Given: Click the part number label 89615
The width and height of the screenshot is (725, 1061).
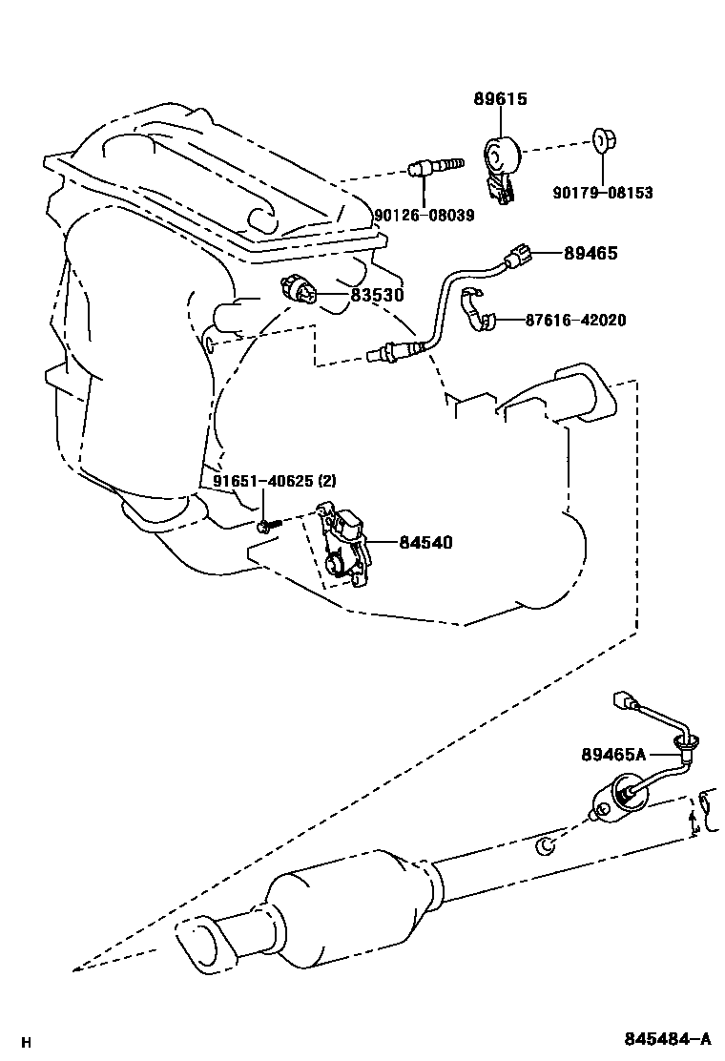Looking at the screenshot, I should (x=500, y=99).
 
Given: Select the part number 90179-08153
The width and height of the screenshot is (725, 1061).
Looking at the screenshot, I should (x=602, y=192).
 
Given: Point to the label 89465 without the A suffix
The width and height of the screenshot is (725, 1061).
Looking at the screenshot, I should (x=590, y=253).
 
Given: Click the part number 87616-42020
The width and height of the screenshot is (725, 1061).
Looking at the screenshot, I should (x=575, y=320).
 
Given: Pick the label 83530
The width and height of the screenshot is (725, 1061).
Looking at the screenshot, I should (x=378, y=296).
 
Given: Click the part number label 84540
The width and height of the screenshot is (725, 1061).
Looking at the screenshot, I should (x=425, y=543).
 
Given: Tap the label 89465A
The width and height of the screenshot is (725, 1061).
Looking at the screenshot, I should (x=613, y=754).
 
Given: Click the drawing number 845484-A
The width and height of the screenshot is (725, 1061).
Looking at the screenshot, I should (x=668, y=1039).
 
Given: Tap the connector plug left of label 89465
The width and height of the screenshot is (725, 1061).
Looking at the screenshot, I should (x=516, y=255).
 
